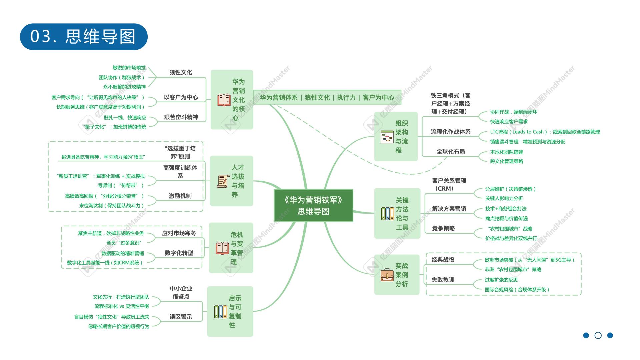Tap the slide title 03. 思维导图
(84, 37)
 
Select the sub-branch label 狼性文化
(181, 72)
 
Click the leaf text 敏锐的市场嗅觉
(129, 68)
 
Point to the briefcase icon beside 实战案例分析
(387, 275)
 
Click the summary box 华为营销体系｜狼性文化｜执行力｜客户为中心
(327, 97)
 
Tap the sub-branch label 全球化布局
(451, 152)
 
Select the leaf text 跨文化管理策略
(506, 161)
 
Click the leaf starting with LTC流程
(545, 132)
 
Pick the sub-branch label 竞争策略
(443, 228)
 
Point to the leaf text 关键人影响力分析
(504, 198)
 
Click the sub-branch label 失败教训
(443, 280)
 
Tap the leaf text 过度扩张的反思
(501, 280)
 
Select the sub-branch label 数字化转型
(179, 253)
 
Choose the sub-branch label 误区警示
(181, 317)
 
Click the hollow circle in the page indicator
(598, 335)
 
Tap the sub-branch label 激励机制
(180, 196)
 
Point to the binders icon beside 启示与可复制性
(220, 312)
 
